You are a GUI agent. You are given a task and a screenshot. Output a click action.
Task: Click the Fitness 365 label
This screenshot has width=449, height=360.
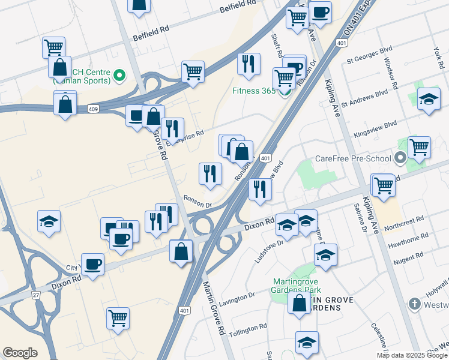point(254,92)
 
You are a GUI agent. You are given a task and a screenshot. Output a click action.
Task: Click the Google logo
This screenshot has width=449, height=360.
point(20,352)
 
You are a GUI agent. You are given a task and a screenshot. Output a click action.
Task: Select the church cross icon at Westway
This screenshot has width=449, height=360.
point(414,304)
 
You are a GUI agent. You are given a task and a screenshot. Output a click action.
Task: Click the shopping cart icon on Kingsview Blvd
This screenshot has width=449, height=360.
point(418,147)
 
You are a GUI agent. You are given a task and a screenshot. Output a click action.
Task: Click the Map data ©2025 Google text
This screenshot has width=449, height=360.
point(411,355)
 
